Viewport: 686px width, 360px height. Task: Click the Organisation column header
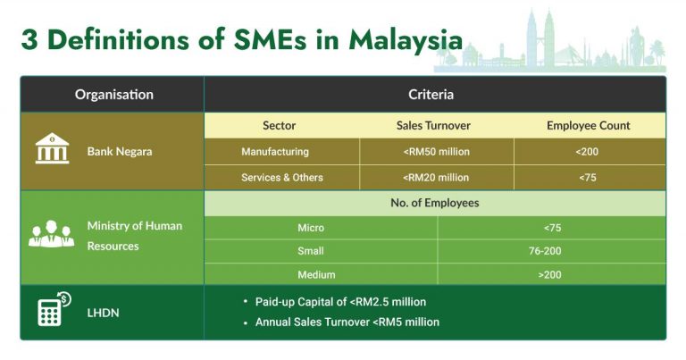tap(113, 95)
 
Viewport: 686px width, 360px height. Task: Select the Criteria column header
tap(431, 95)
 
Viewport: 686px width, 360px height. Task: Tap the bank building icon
tap(52, 149)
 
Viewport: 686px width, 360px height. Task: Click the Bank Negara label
tap(120, 152)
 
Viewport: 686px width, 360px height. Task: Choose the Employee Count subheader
tap(588, 126)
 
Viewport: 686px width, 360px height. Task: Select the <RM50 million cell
tap(436, 152)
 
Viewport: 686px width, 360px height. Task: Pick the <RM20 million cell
tap(436, 178)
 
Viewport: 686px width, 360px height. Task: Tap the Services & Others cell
tap(282, 178)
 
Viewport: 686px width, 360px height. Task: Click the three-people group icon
tap(51, 235)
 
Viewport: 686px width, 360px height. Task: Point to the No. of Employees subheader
tap(434, 204)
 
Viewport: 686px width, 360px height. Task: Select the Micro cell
tap(311, 228)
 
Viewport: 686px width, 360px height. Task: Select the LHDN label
tap(103, 312)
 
